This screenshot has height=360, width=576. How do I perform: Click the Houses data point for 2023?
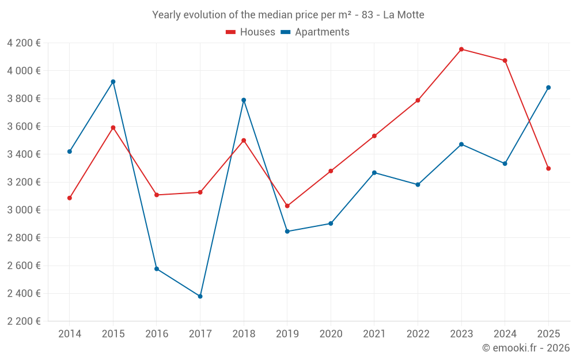pyautogui.click(x=461, y=50)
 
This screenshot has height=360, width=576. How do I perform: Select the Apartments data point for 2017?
pyautogui.click(x=200, y=297)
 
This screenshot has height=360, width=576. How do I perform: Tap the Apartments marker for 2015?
pyautogui.click(x=113, y=82)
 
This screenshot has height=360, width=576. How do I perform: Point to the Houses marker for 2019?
pyautogui.click(x=287, y=206)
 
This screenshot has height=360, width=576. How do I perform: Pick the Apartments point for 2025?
pyautogui.click(x=548, y=88)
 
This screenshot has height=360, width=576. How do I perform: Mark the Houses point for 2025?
pyautogui.click(x=548, y=169)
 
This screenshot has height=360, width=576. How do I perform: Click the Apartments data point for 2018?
pyautogui.click(x=244, y=100)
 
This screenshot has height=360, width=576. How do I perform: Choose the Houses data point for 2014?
pyautogui.click(x=70, y=198)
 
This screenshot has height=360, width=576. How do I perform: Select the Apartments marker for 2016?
pyautogui.click(x=157, y=269)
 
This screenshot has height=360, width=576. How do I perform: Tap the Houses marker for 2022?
pyautogui.click(x=418, y=100)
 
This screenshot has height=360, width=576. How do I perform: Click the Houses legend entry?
pyautogui.click(x=251, y=32)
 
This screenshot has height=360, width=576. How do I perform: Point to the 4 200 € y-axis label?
pyautogui.click(x=24, y=43)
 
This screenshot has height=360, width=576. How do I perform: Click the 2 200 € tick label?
pyautogui.click(x=24, y=321)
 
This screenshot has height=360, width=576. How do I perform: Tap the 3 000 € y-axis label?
pyautogui.click(x=24, y=210)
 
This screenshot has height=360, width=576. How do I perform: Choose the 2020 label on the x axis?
pyautogui.click(x=331, y=334)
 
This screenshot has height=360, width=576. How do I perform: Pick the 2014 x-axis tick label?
pyautogui.click(x=70, y=334)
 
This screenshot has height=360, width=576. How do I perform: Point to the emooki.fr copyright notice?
pyautogui.click(x=525, y=348)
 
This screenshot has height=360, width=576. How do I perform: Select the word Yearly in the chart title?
pyautogui.click(x=166, y=15)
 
